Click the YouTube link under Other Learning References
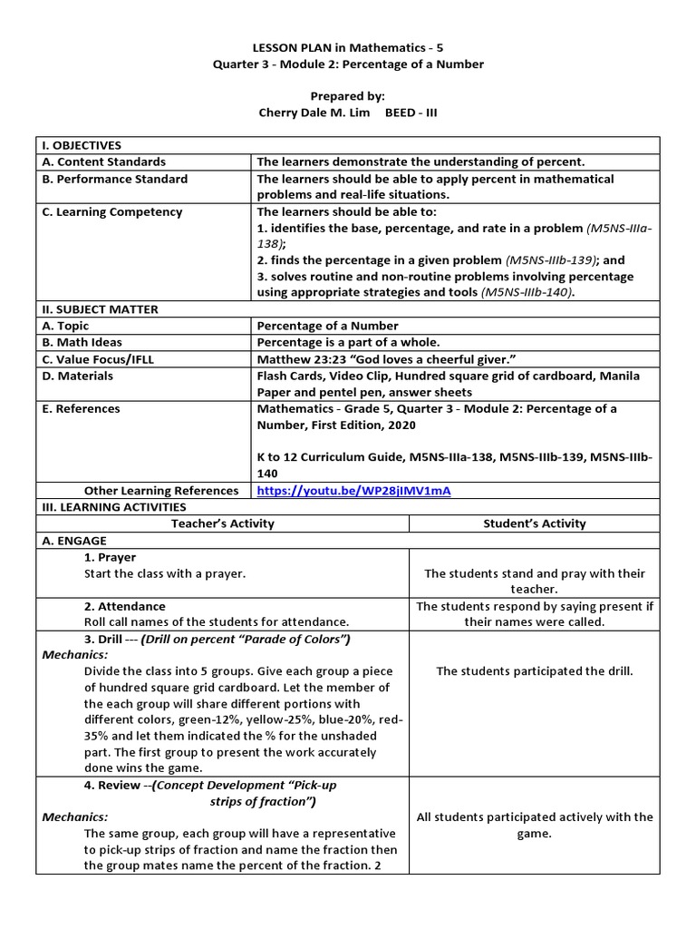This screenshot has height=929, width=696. (353, 491)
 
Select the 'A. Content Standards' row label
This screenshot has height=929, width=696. (104, 161)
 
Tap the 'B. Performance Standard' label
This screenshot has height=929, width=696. (115, 179)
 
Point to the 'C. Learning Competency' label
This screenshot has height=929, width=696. (112, 212)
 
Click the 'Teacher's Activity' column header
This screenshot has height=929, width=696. (222, 523)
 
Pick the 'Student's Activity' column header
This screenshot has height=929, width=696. (535, 523)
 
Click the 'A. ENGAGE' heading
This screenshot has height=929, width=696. (74, 541)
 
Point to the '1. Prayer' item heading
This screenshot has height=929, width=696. (110, 557)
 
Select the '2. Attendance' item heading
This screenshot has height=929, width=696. (124, 606)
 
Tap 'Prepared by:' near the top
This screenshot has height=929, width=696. (348, 94)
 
